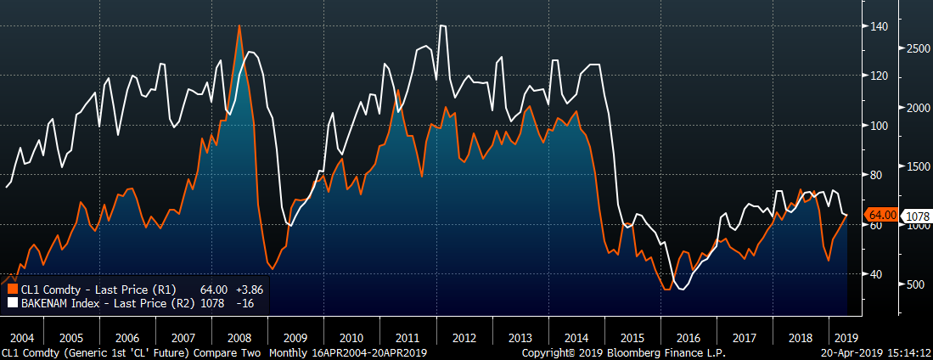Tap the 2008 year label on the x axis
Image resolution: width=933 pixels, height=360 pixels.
(239, 336)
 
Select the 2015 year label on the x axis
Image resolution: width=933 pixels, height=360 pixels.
(632, 336)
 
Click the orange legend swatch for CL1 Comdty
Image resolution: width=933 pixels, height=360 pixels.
(13, 289)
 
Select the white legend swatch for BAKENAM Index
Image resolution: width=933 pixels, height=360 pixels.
(13, 301)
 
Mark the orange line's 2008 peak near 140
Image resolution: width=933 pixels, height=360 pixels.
(239, 26)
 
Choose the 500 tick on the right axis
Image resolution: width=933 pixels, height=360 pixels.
(911, 284)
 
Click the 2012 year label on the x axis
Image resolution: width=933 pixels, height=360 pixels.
(464, 336)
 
